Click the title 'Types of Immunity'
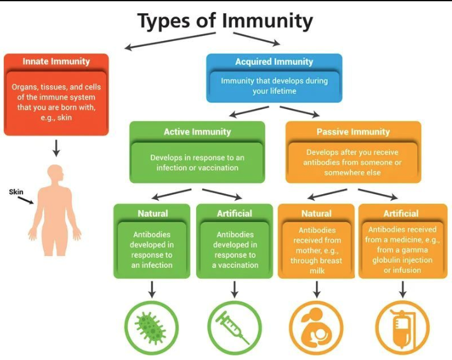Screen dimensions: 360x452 click(x=225, y=21)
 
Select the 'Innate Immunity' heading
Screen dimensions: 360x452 click(x=56, y=62)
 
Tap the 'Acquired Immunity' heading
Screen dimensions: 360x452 click(x=274, y=62)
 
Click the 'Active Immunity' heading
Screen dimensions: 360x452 click(x=197, y=132)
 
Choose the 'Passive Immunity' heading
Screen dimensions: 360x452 click(x=353, y=132)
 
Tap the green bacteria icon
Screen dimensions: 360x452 click(x=152, y=327)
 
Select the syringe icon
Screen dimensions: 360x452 click(x=234, y=327)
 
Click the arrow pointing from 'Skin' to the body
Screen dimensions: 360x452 click(x=26, y=201)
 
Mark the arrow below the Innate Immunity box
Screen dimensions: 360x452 click(x=56, y=148)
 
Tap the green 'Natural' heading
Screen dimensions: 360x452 click(x=153, y=213)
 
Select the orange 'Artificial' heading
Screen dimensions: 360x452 click(x=402, y=213)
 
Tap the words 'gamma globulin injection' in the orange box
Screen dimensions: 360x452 click(x=401, y=255)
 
